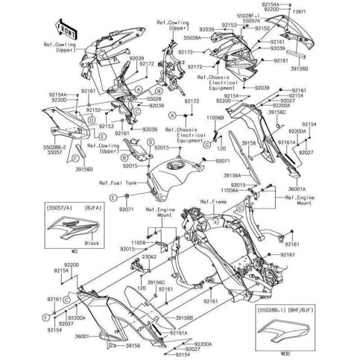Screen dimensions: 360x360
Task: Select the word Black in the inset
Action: [72, 243]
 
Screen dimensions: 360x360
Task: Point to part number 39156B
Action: [188, 318]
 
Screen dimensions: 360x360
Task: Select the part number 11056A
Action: [254, 191]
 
